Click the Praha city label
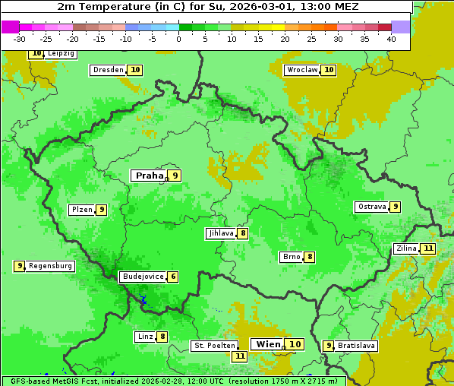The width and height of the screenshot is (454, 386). (x=149, y=176)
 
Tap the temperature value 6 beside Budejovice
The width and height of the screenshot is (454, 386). (x=173, y=277)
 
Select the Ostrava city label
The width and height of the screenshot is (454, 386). (x=372, y=207)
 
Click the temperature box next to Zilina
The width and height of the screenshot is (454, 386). (x=429, y=248)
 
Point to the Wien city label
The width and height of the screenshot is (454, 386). (x=268, y=344)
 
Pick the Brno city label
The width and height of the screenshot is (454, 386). (x=291, y=257)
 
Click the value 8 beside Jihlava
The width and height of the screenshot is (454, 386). (x=242, y=233)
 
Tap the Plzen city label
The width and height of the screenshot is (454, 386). (x=81, y=210)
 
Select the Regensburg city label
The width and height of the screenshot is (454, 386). (x=51, y=266)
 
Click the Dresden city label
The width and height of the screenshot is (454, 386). (x=108, y=70)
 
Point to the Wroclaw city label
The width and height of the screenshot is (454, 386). (x=302, y=70)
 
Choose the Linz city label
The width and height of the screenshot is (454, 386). (x=145, y=337)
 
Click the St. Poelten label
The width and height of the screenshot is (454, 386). (x=215, y=346)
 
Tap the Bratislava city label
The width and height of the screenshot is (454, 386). (x=357, y=346)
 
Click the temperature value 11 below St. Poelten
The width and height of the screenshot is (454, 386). (x=240, y=356)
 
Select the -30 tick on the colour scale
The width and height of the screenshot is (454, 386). (x=20, y=39)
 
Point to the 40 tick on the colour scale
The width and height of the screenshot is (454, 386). (x=391, y=39)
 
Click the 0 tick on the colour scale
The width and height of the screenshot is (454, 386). (x=179, y=39)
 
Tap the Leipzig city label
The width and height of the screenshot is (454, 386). (x=61, y=54)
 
